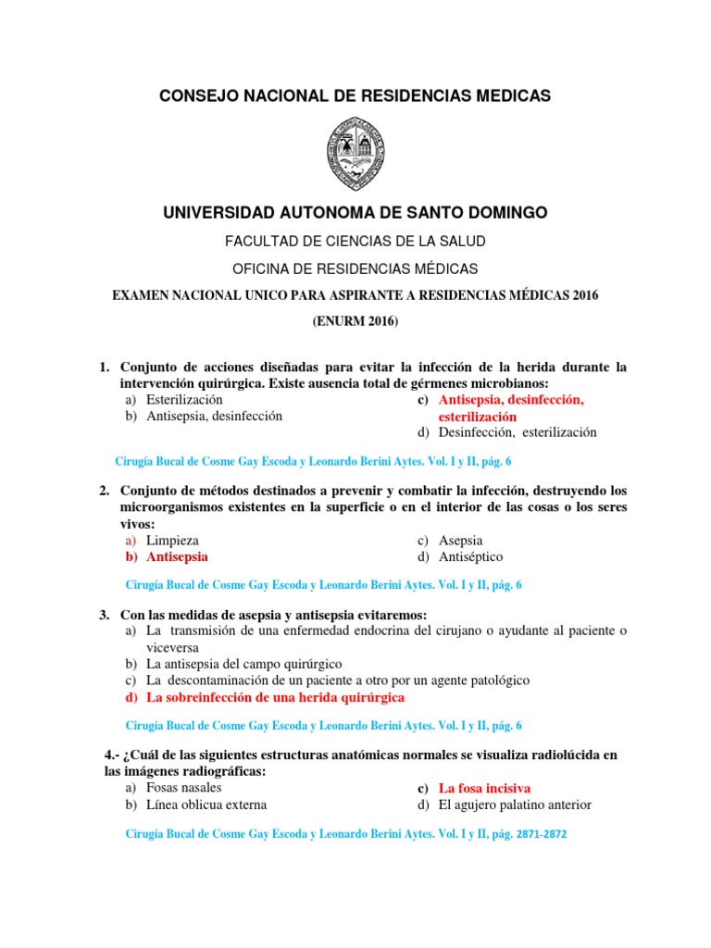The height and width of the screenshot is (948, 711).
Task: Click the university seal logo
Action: pos(355,155)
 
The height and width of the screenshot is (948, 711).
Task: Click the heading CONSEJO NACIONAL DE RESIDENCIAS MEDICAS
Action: pos(355,95)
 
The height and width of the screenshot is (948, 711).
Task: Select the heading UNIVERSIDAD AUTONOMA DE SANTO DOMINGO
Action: pos(355,213)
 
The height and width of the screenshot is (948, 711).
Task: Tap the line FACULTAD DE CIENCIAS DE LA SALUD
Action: pos(355,241)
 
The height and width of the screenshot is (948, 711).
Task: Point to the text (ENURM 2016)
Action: pos(355,321)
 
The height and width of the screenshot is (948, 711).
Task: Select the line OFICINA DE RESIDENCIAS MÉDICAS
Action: pos(355,268)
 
